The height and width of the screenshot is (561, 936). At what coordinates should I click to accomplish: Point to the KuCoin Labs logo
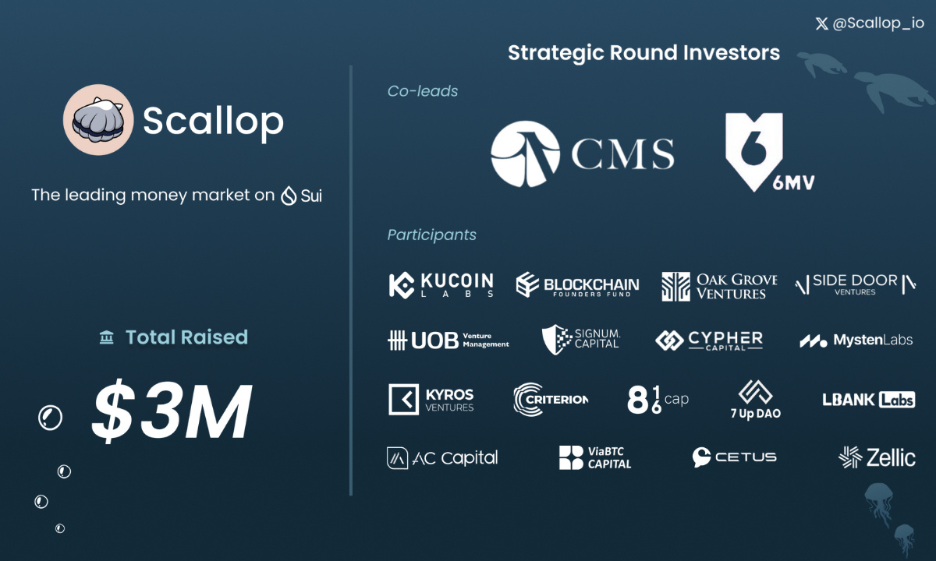click(441, 285)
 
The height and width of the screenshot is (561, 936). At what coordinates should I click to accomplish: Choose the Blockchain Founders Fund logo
click(577, 286)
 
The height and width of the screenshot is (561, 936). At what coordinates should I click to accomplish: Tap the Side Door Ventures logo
click(855, 285)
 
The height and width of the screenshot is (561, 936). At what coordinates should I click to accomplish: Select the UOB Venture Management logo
click(448, 340)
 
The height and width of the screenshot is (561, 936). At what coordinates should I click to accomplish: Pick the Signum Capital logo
click(581, 339)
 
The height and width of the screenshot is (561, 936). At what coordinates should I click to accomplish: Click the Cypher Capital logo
click(709, 340)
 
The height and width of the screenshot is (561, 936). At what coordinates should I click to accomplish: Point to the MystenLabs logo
click(856, 340)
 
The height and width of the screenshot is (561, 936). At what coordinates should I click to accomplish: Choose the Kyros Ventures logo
click(431, 399)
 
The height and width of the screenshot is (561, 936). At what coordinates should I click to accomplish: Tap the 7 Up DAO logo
click(755, 399)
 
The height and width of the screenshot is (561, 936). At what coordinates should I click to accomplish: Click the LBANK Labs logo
click(868, 400)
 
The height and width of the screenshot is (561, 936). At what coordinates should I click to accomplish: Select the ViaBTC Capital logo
click(595, 457)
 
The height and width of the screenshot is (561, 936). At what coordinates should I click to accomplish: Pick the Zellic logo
click(877, 457)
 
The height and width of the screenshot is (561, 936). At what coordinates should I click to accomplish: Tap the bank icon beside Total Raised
click(107, 337)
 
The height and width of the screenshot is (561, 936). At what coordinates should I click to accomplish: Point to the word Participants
click(431, 235)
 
